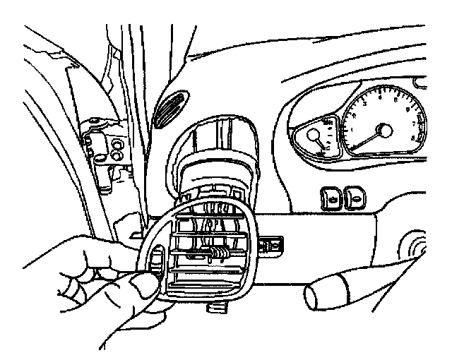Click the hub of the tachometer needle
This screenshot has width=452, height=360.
pyautogui.click(x=385, y=131)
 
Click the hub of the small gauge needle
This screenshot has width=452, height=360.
pyautogui.click(x=312, y=138)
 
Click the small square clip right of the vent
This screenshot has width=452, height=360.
pyautogui.click(x=272, y=245)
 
